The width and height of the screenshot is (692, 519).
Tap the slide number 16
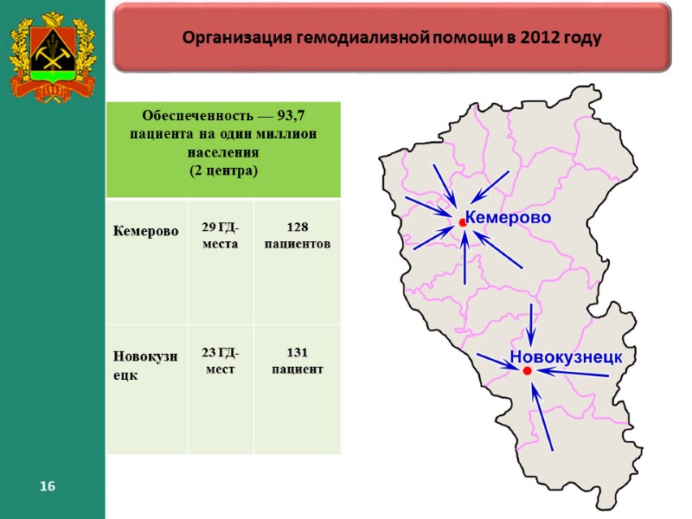tap(47, 488)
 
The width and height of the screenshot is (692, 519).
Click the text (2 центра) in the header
tap(223, 170)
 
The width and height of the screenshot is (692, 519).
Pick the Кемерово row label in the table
tap(144, 232)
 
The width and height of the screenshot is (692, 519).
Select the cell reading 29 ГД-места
tap(221, 235)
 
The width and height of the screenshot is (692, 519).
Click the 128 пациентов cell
tap(297, 235)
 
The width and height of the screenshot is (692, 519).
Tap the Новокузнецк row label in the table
tap(144, 365)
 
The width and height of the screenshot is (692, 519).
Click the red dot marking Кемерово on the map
tap(463, 223)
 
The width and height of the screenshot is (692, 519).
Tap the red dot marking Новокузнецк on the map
tap(527, 371)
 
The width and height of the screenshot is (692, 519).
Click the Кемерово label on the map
tap(509, 218)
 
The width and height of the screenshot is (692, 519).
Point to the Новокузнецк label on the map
tap(567, 356)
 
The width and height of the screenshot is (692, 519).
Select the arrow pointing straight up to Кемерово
tap(465, 259)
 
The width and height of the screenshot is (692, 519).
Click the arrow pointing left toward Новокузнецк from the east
tap(573, 374)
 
